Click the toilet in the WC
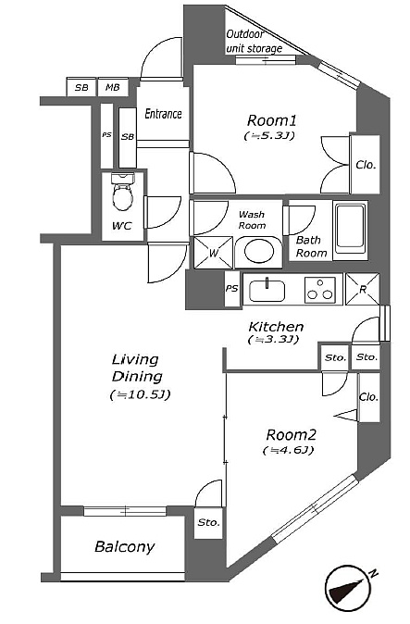tap(122, 192)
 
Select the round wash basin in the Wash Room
tap(259, 252)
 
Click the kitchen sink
tap(267, 291)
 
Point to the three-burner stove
tap(319, 289)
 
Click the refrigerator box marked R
tap(362, 289)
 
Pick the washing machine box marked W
tap(213, 253)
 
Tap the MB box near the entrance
tap(113, 87)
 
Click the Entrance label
tap(163, 114)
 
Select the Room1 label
tap(271, 120)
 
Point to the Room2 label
tap(291, 434)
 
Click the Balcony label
tap(124, 547)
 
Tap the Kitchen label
tap(276, 327)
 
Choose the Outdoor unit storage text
tap(254, 42)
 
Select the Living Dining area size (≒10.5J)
tap(140, 394)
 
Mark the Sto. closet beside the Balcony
tap(208, 522)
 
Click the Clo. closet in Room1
tap(366, 165)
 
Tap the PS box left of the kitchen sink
tap(232, 289)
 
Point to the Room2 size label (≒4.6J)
tap(289, 450)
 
